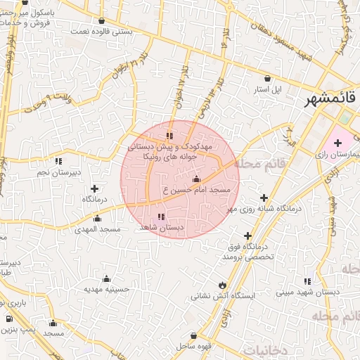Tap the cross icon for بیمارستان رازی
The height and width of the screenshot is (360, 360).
click(x=338, y=143)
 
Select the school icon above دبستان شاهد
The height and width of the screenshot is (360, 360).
click(x=162, y=217)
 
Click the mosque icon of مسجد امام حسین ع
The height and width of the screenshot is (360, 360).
click(x=196, y=180)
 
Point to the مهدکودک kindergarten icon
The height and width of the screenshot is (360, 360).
click(x=169, y=135)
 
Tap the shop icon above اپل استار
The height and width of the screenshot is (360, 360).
click(x=267, y=79)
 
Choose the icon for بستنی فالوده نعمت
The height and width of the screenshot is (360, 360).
click(x=103, y=21)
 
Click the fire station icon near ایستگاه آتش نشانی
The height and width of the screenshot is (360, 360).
click(x=223, y=285)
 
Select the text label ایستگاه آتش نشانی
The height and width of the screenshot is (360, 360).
click(x=226, y=297)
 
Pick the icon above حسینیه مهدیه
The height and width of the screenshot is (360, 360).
click(x=106, y=278)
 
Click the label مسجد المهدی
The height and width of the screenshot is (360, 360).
click(x=101, y=229)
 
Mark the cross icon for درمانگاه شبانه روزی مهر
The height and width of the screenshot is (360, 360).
click(x=264, y=198)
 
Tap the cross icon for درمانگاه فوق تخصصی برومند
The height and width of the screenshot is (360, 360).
click(x=247, y=236)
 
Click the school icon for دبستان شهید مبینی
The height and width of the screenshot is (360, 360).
click(x=307, y=281)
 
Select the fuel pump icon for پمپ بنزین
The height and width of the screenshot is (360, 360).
click(x=9, y=319)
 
